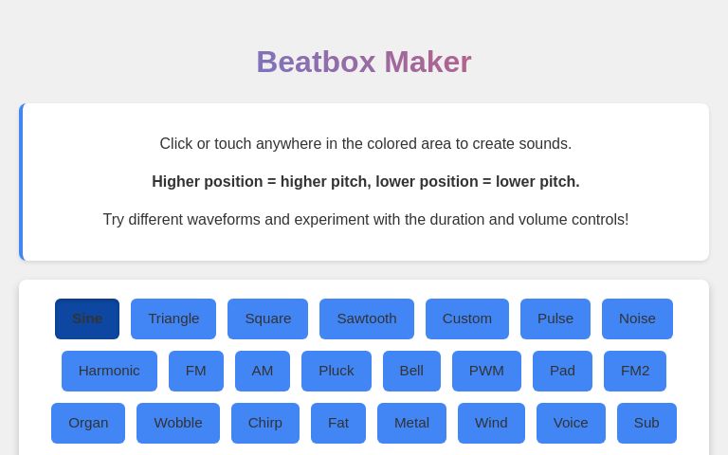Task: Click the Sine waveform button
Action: point(87,318)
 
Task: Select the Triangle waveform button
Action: point(173,318)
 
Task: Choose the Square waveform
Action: point(267,318)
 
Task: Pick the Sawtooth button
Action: point(367,318)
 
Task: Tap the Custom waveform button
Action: point(467,318)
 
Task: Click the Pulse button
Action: point(555,318)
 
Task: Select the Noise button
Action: point(637,318)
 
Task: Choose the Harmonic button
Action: point(109,371)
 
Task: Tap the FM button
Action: point(196,371)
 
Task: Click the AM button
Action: point(263,371)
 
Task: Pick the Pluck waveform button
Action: point(337,371)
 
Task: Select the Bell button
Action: point(411,371)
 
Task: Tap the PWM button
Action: point(486,371)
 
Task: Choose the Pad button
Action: point(562,371)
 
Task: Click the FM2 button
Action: point(635,371)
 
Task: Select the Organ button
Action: point(88,423)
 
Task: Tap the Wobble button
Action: point(178,423)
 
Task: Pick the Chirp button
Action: point(265,423)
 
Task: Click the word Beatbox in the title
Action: point(316,63)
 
